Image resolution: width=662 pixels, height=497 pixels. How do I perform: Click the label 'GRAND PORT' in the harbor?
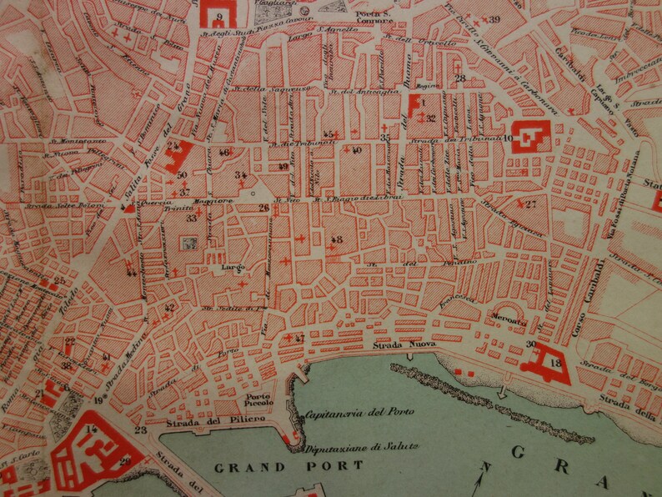pos(288,465)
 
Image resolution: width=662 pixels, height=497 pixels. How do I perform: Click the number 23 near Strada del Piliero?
pos(140,430)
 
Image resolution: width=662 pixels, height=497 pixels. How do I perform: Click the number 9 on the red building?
pos(218,16)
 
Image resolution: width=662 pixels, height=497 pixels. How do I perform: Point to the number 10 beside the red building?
pos(507,137)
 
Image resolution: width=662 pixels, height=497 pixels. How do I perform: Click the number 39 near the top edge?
pos(494,19)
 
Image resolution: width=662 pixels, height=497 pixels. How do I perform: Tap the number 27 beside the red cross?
pos(530,203)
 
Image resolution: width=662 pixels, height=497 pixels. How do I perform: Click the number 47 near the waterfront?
pos(299,339)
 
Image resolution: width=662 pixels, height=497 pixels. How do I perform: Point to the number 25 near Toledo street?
pos(59,281)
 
